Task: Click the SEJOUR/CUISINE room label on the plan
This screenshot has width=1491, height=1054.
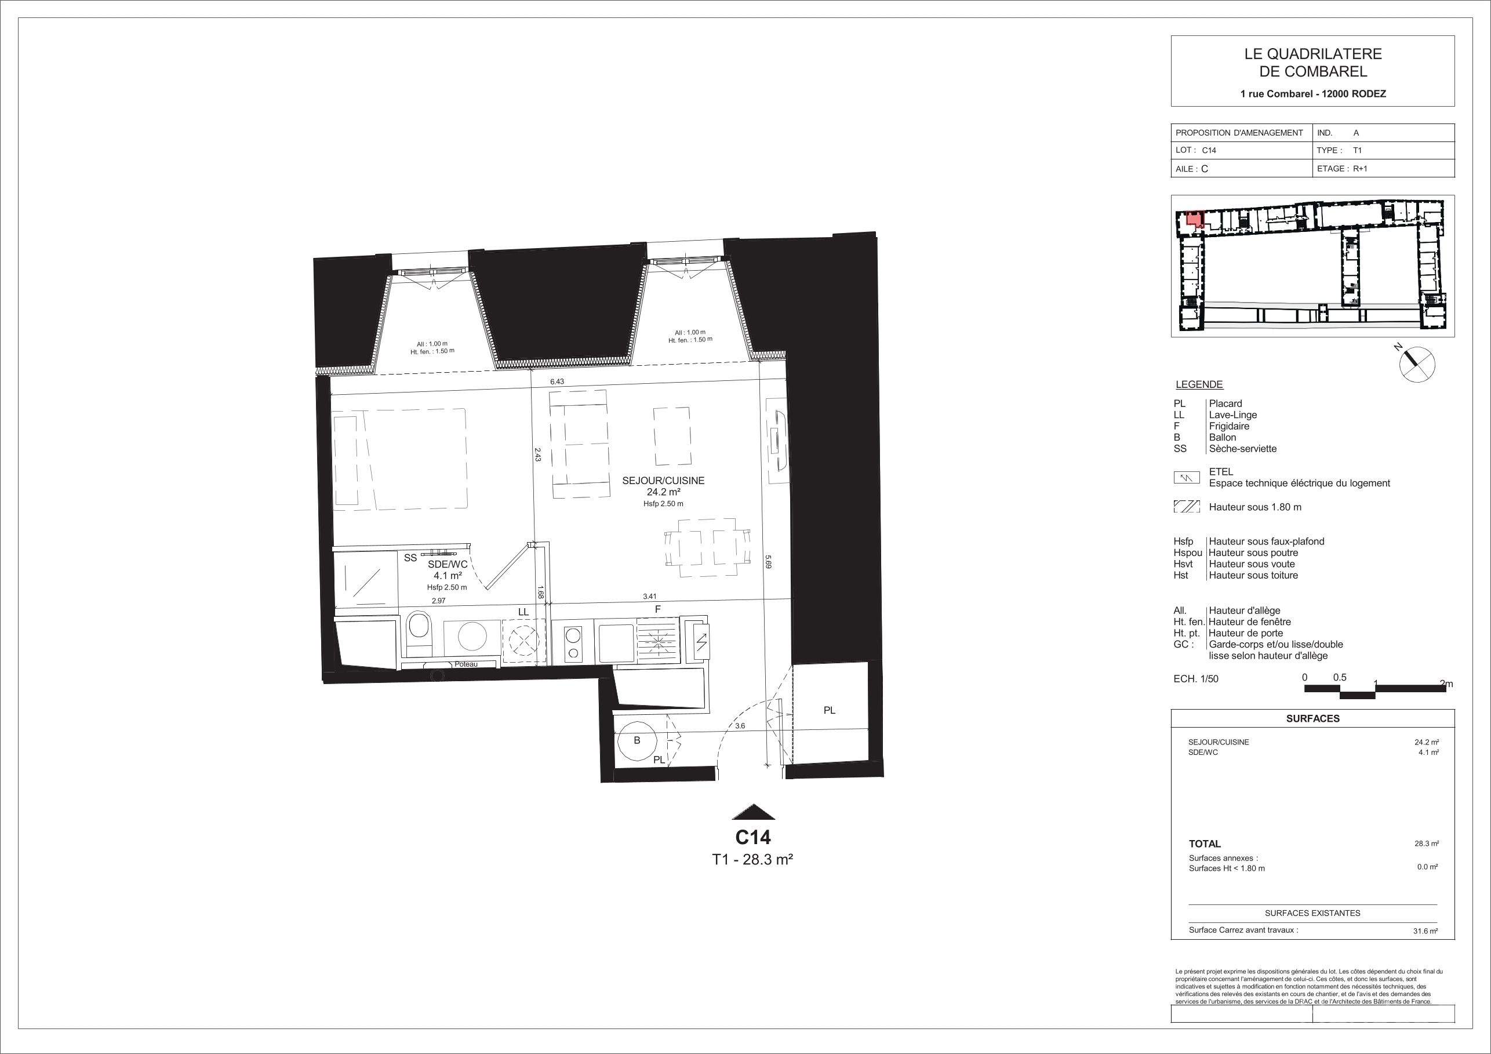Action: (x=663, y=481)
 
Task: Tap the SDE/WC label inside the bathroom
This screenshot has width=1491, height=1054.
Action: (x=448, y=564)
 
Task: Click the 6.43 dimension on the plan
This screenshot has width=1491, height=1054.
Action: (x=557, y=382)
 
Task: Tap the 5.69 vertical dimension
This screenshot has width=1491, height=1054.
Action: (x=768, y=561)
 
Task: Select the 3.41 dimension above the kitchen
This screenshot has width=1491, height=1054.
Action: (x=650, y=595)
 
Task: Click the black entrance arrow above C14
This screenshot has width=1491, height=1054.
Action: (x=753, y=812)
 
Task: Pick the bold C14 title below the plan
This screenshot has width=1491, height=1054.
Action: (x=752, y=837)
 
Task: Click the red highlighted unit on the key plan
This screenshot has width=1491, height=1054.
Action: (x=1194, y=220)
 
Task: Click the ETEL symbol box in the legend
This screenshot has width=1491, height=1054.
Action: (x=1187, y=478)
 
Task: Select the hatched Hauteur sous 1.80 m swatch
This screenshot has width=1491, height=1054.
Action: (x=1187, y=507)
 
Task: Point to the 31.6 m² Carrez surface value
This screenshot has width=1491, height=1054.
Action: (x=1427, y=931)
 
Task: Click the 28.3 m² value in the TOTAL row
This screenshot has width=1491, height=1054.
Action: (x=1427, y=844)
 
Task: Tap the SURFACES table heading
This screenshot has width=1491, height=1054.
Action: (x=1312, y=718)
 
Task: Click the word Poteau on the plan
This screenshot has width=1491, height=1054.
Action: (x=466, y=664)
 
